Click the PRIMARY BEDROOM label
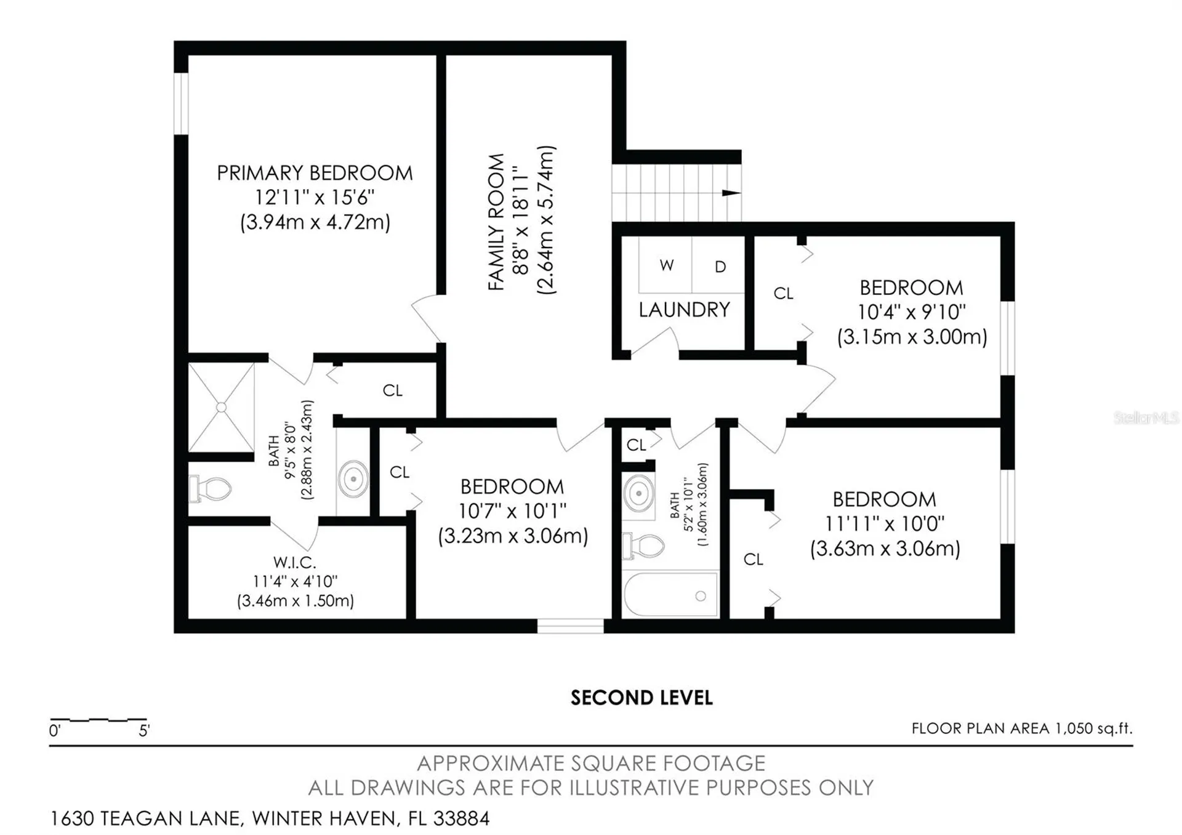coord(315,173)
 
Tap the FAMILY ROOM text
coord(496,222)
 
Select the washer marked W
coord(665,265)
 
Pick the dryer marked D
coord(719,265)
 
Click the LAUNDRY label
coord(684,310)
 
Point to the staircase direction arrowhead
coord(731,193)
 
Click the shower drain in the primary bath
coord(222,407)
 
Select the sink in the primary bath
coord(353,478)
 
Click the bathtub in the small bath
coord(670,595)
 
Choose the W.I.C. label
coord(295,562)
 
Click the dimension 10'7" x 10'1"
coord(512,511)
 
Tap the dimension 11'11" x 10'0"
coord(884,524)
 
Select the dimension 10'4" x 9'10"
coord(912,312)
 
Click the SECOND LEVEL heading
coord(641,698)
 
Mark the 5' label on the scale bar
coord(144,731)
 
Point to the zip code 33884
coord(461,818)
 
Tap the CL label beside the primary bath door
coord(393,390)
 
